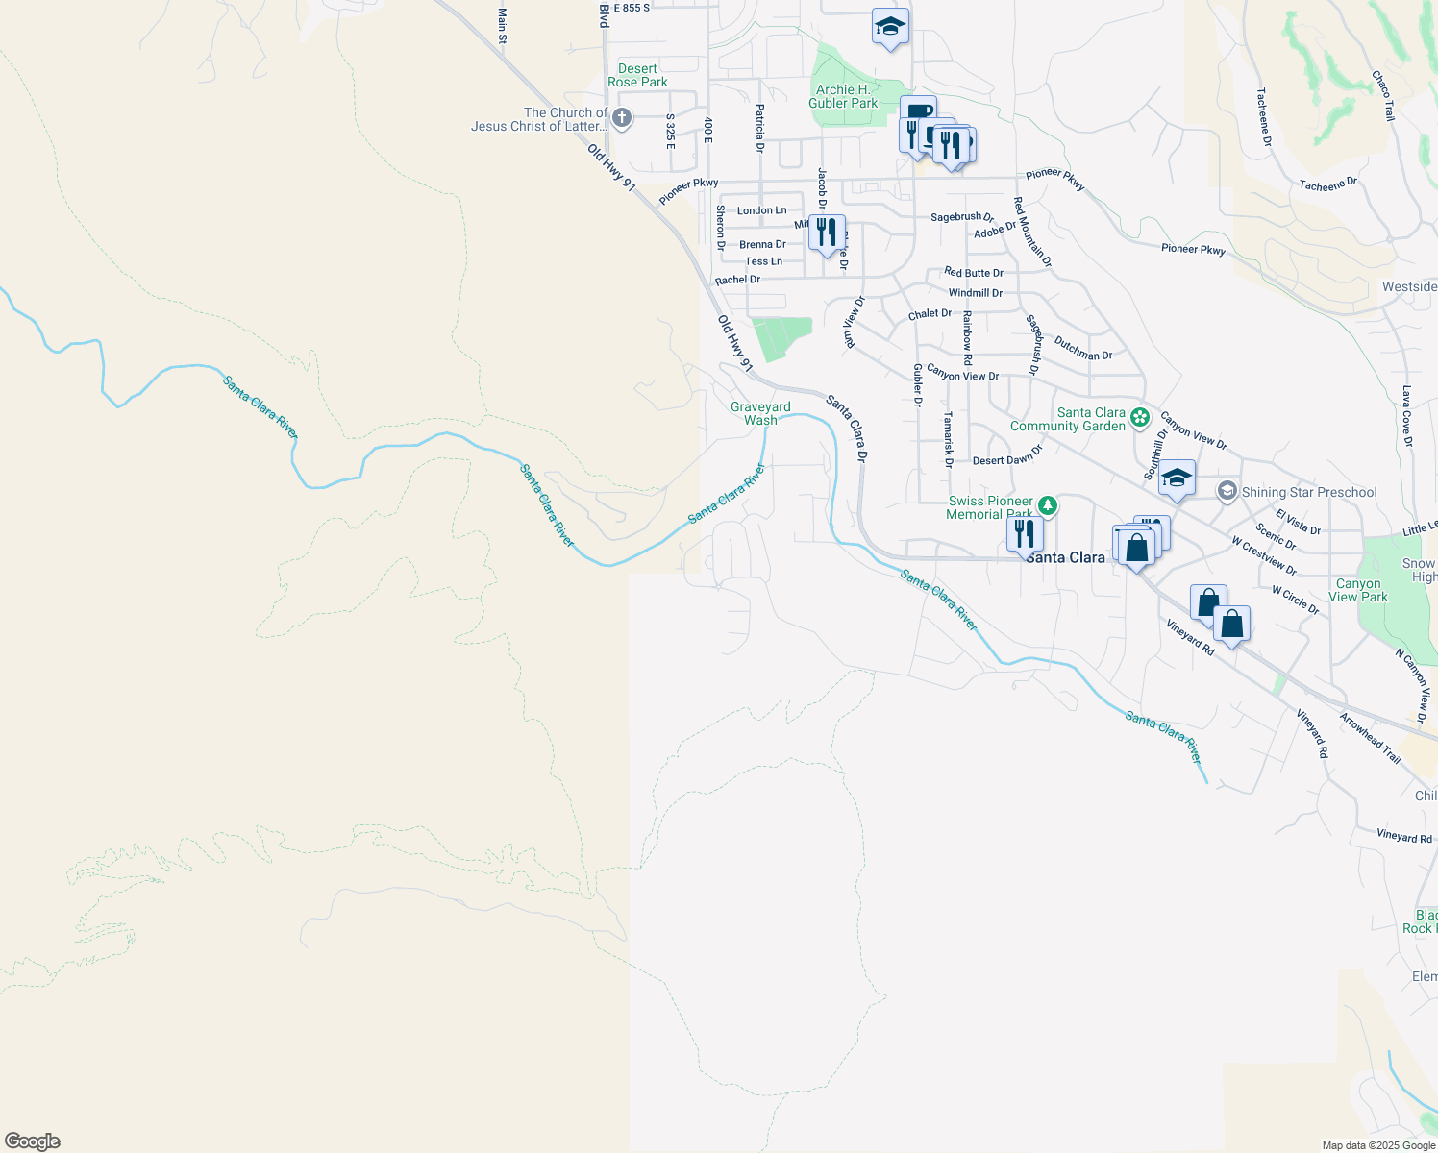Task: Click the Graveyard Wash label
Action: pyautogui.click(x=760, y=413)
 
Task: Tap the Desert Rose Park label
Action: pyautogui.click(x=637, y=75)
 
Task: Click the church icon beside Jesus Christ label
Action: pyautogui.click(x=622, y=118)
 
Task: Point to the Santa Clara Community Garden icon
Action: pyautogui.click(x=1140, y=417)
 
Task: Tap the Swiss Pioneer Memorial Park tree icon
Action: pyautogui.click(x=1048, y=505)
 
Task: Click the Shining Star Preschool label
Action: pyautogui.click(x=1308, y=492)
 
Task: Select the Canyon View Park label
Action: pyautogui.click(x=1358, y=590)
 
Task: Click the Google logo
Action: pyautogui.click(x=33, y=1141)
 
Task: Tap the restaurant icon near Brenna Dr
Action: pyautogui.click(x=826, y=233)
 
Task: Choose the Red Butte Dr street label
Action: pyautogui.click(x=973, y=273)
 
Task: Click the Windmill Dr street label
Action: pyautogui.click(x=975, y=293)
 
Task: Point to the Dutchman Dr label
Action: pyautogui.click(x=1082, y=349)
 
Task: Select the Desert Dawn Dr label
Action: pyautogui.click(x=1006, y=456)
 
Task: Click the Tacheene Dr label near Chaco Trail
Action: pyautogui.click(x=1327, y=184)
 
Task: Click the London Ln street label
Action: pyautogui.click(x=761, y=210)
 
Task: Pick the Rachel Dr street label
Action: pyautogui.click(x=737, y=280)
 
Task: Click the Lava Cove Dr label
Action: pyautogui.click(x=1406, y=416)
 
